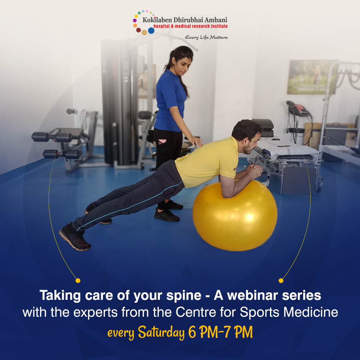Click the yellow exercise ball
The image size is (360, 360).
pos(235,216)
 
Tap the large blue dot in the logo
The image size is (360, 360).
pos(151,31)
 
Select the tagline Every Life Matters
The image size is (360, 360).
pos(206,37)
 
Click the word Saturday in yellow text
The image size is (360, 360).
pos(161,332)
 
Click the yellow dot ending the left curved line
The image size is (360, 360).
pos(78,280)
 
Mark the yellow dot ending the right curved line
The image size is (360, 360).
pos(281,280)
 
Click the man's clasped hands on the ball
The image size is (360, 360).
pos(255,171)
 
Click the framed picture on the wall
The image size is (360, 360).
pos(311,77)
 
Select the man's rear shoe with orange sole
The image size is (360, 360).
pos(75,237)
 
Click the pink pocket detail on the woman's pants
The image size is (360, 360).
pos(162,141)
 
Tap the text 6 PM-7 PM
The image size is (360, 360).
pos(220,332)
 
